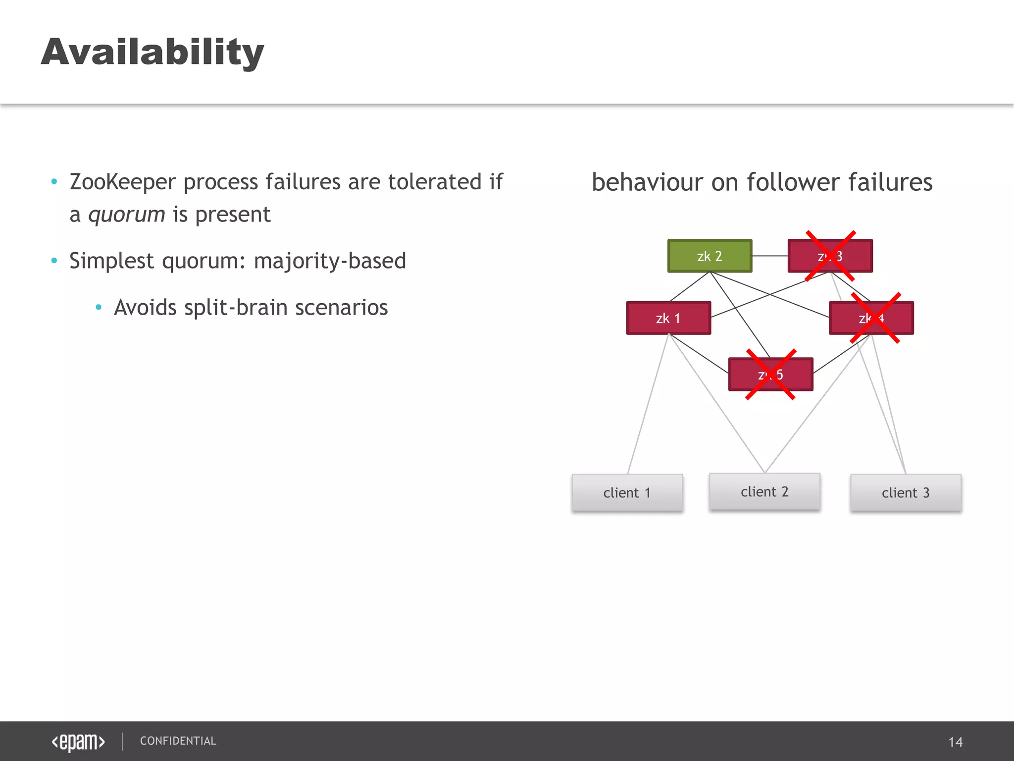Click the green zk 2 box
pyautogui.click(x=710, y=256)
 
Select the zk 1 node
pyautogui.click(x=668, y=318)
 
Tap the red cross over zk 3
pyautogui.click(x=830, y=256)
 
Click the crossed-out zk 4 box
pyautogui.click(x=871, y=318)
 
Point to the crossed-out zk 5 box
pyautogui.click(x=770, y=375)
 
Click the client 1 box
pyautogui.click(x=627, y=492)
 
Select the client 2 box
pyautogui.click(x=764, y=491)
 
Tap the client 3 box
pyautogui.click(x=906, y=492)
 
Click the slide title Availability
pyautogui.click(x=152, y=52)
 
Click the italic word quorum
pyautogui.click(x=127, y=215)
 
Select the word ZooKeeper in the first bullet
pyautogui.click(x=122, y=182)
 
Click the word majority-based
pyautogui.click(x=330, y=261)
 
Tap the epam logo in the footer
pyautogui.click(x=78, y=742)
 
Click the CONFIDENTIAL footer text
pyautogui.click(x=178, y=741)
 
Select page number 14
pyautogui.click(x=955, y=742)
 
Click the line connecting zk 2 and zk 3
pyautogui.click(x=770, y=256)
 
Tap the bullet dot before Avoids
pyautogui.click(x=99, y=308)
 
